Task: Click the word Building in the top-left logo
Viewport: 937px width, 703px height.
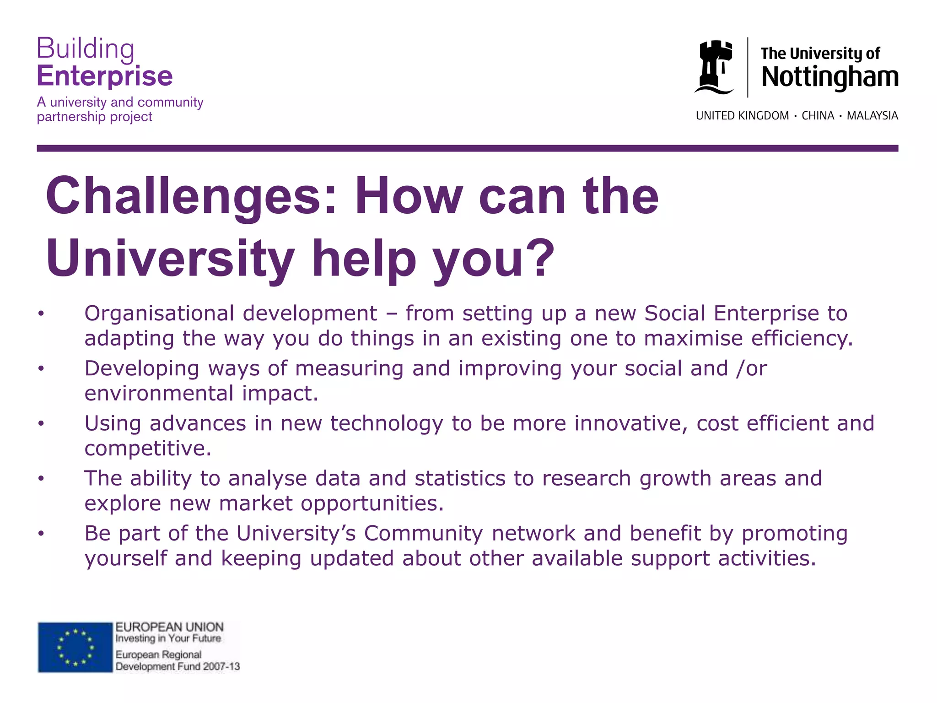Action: point(86,49)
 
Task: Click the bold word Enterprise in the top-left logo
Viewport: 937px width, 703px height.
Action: point(105,76)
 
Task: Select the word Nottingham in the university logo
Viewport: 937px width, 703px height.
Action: point(829,77)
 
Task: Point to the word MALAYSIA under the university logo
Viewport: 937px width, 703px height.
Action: point(872,116)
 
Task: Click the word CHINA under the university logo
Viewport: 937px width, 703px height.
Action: point(818,116)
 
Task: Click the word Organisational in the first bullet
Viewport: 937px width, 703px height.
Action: point(160,314)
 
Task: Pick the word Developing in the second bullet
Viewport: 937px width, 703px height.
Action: point(142,369)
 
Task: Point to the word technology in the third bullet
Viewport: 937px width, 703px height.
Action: point(387,424)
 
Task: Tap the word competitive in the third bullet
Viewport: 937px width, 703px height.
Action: point(147,449)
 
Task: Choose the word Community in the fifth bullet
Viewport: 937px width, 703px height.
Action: point(423,534)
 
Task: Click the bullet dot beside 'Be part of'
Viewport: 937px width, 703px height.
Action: point(41,534)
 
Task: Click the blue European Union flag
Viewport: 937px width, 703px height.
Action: point(75,647)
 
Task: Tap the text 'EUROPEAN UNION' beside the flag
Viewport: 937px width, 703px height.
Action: point(169,627)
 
